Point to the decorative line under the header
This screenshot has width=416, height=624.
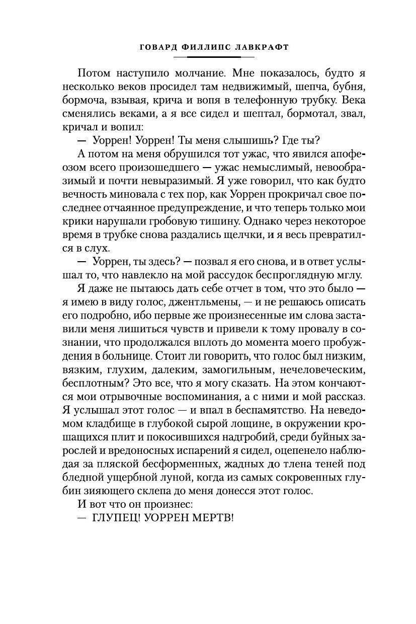pyautogui.click(x=207, y=57)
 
